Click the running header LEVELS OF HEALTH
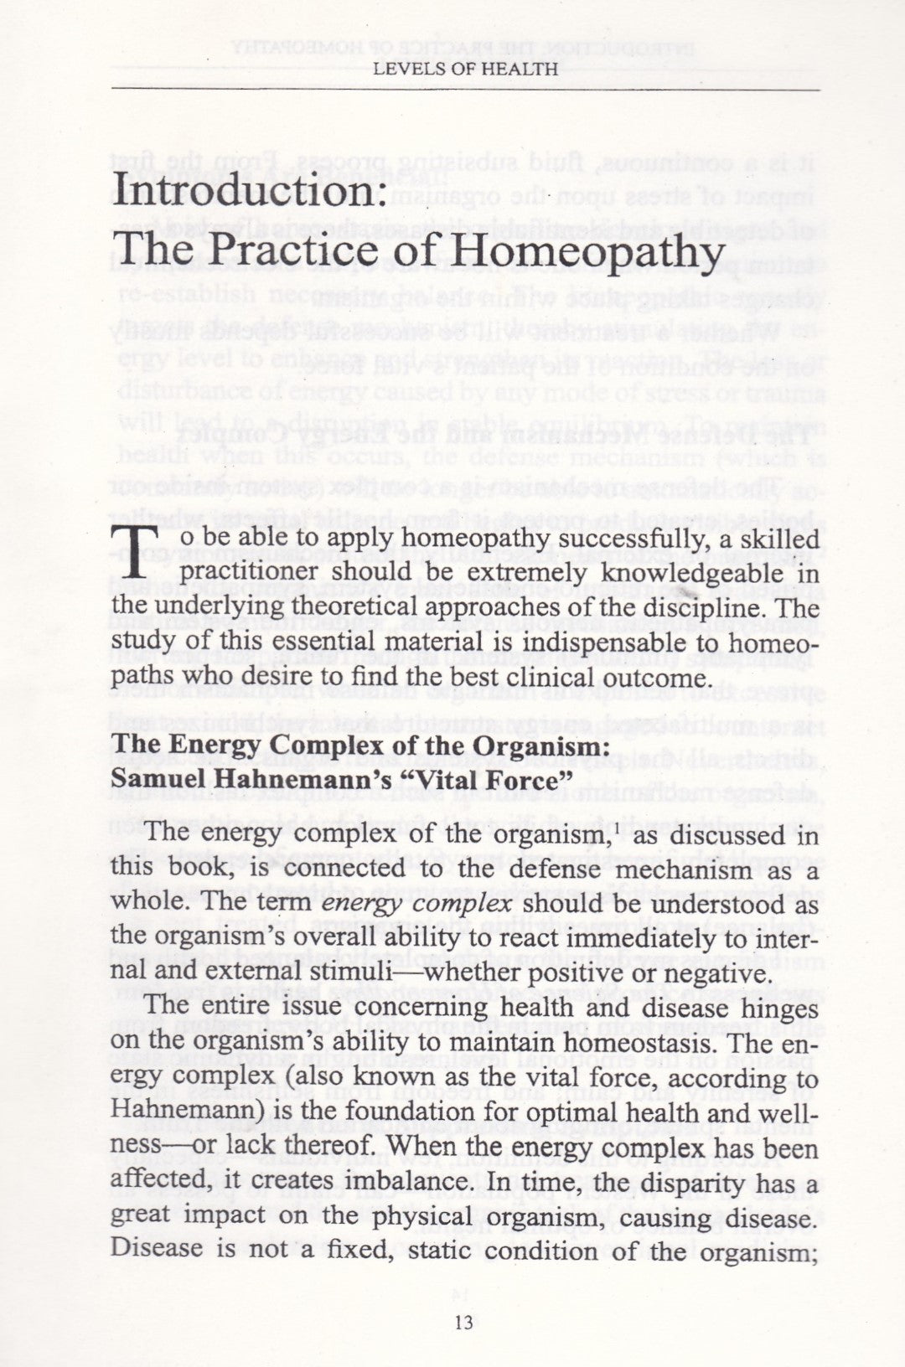pyautogui.click(x=465, y=70)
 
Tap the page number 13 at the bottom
pyautogui.click(x=463, y=1322)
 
